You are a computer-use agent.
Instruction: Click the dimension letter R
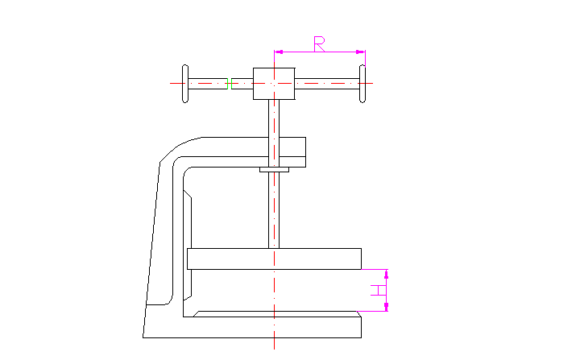319,43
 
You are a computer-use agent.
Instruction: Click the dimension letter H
377,291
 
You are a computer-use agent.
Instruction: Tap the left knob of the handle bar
185,83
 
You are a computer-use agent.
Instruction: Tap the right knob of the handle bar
362,83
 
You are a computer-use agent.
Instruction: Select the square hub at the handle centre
274,83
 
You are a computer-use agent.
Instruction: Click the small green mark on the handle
228,83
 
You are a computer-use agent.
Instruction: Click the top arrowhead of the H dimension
387,273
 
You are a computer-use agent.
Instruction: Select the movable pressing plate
274,259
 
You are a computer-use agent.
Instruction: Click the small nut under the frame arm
274,169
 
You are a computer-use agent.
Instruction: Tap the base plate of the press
274,326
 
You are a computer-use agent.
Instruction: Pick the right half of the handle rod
326,83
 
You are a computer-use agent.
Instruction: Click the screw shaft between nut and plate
274,209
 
